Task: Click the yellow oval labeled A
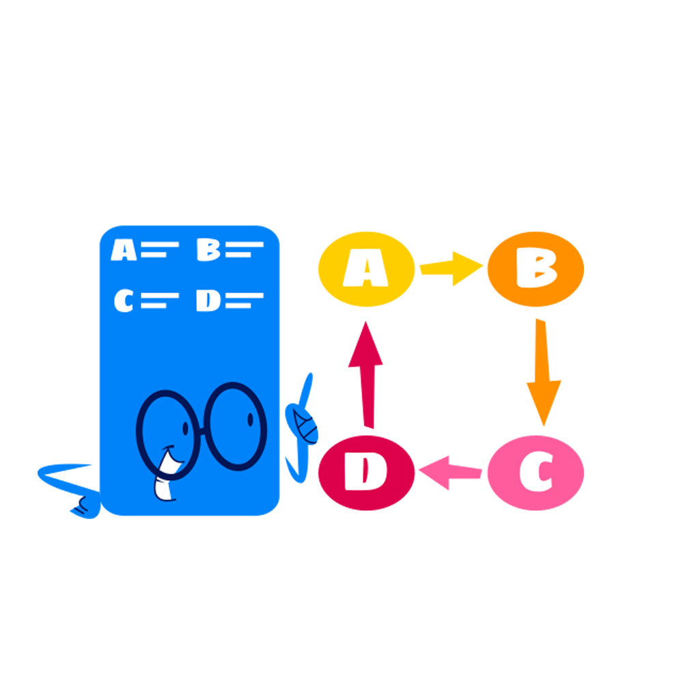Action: click(x=366, y=269)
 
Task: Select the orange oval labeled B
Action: click(x=535, y=269)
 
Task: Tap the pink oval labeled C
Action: click(x=535, y=473)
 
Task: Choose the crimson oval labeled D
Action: click(x=366, y=473)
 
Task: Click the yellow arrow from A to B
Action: click(x=451, y=268)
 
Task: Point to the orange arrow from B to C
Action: click(x=543, y=372)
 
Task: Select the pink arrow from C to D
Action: click(x=450, y=473)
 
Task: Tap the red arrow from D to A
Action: click(x=366, y=374)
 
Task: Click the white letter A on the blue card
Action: click(x=124, y=249)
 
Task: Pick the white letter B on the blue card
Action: click(x=208, y=249)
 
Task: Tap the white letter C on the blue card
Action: click(x=124, y=301)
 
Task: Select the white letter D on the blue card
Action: click(x=208, y=301)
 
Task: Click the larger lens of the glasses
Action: click(x=236, y=426)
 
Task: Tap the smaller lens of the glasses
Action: click(x=168, y=434)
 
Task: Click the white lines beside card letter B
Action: click(x=245, y=249)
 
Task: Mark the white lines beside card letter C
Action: click(x=160, y=301)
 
